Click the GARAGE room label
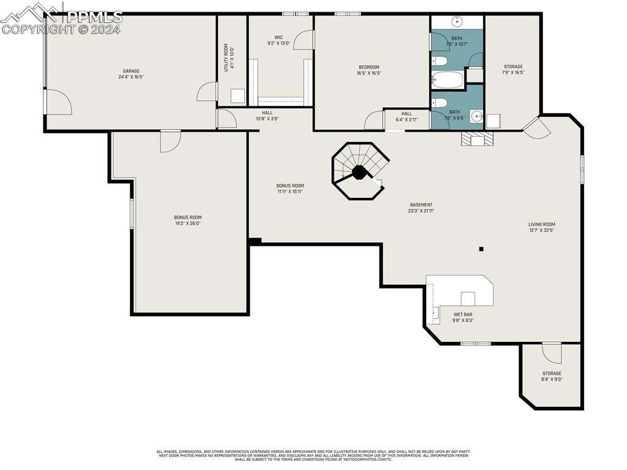click(130, 74)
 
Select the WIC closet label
click(279, 40)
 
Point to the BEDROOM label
click(369, 70)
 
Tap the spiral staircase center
click(359, 172)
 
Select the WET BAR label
click(462, 317)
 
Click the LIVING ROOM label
click(541, 227)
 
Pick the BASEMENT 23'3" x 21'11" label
click(421, 208)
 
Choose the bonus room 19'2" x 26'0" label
click(187, 221)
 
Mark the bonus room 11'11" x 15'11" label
click(290, 189)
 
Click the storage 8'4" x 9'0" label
click(551, 376)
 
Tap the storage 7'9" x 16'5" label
click(513, 69)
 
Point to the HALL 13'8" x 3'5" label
click(267, 116)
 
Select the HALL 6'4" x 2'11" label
click(407, 116)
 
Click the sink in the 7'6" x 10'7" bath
click(457, 22)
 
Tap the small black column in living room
click(481, 249)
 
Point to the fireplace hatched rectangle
click(478, 138)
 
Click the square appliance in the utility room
click(238, 96)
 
